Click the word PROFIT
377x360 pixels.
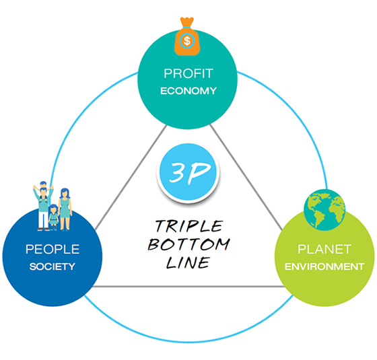coord(188,73)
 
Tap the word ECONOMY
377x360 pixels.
coord(188,91)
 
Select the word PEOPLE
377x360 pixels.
coord(53,249)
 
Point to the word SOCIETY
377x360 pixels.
coord(53,266)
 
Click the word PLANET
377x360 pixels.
coord(324,249)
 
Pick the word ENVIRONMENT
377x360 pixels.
coord(324,266)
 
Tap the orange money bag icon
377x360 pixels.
coord(187,36)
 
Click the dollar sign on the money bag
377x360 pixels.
coord(187,40)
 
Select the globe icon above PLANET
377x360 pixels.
coord(324,210)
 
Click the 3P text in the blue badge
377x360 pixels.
coord(189,172)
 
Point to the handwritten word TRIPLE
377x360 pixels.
coord(189,226)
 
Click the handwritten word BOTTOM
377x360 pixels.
coord(189,245)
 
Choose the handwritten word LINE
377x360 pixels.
coord(188,262)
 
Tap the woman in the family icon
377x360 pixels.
coord(65,209)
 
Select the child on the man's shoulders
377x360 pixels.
coord(43,188)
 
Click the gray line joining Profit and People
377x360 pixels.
coord(131,178)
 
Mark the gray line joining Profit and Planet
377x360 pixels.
coord(246,177)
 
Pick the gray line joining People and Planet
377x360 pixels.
coord(188,287)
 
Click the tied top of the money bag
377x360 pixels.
coord(187,22)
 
